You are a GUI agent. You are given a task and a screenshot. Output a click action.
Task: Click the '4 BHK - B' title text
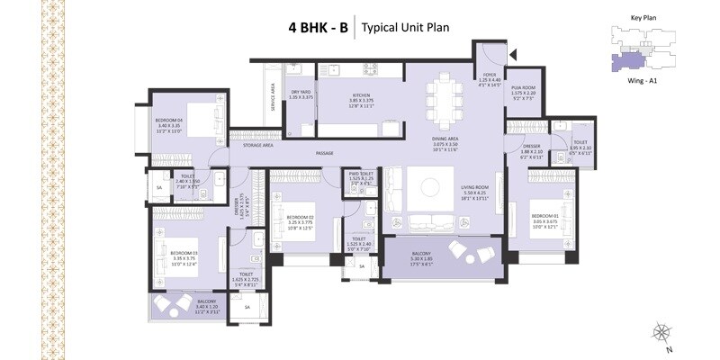click(318, 27)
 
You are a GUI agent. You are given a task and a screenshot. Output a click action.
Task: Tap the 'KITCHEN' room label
click(335, 94)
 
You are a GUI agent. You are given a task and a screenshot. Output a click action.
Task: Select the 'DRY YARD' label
click(301, 91)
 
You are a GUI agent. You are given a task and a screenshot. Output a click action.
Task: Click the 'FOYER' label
click(490, 76)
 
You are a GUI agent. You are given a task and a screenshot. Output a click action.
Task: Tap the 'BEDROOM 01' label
click(545, 216)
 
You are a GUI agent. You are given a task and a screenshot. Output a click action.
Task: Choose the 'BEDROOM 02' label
click(300, 217)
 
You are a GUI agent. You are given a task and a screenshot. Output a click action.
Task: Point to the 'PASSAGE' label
click(324, 153)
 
